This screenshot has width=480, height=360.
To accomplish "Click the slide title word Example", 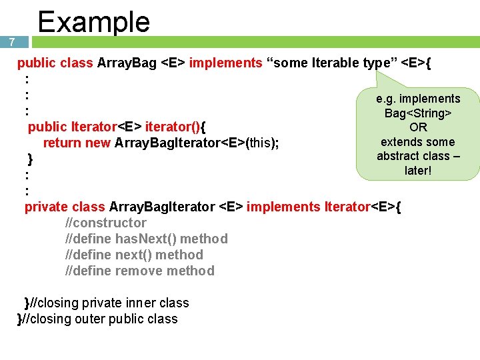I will point(93,21).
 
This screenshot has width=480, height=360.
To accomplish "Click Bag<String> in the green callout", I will point(418,113).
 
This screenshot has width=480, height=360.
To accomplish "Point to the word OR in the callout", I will point(418,127).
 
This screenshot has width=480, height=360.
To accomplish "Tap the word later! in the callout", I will point(418,171).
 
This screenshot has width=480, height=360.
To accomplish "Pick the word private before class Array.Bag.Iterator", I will point(46,207).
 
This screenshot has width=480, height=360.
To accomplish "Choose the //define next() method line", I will point(134,255).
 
